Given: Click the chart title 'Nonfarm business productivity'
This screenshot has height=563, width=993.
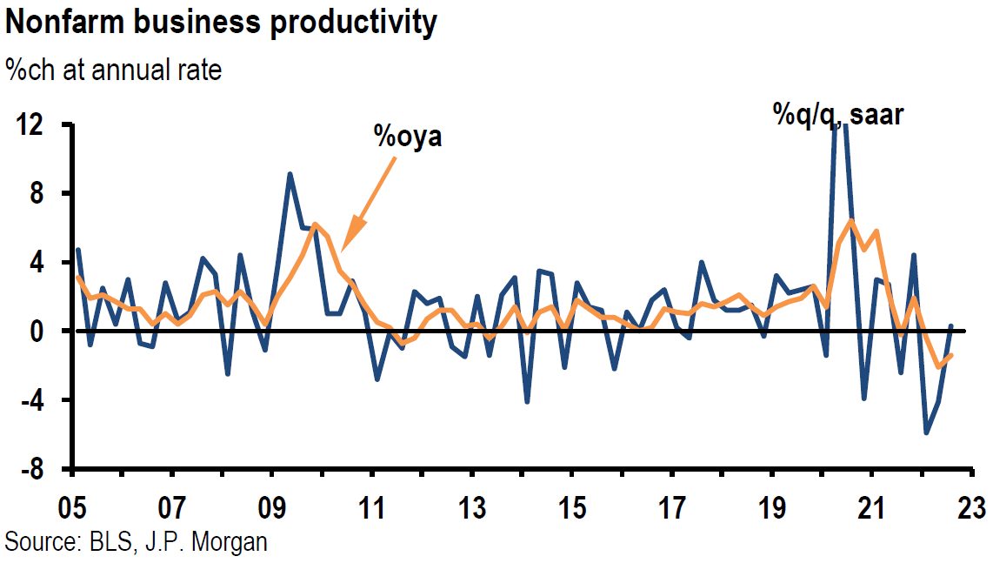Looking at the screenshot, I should click(221, 23).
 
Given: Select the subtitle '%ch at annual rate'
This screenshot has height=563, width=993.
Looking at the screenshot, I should click(113, 69).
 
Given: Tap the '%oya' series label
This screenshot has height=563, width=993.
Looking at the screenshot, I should click(408, 137).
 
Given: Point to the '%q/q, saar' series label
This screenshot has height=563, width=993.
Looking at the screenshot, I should click(838, 113).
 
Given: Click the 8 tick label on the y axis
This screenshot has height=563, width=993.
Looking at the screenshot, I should click(40, 193).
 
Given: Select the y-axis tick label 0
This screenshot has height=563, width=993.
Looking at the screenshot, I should click(40, 332).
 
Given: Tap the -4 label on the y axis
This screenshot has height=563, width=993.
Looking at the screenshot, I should click(32, 400).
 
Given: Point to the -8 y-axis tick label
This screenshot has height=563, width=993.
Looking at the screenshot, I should click(32, 470).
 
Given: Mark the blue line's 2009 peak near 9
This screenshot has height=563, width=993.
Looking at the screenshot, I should click(290, 174).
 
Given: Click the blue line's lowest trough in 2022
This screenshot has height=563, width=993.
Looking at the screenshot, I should click(927, 432).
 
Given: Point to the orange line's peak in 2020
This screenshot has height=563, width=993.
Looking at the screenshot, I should click(850, 220).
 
